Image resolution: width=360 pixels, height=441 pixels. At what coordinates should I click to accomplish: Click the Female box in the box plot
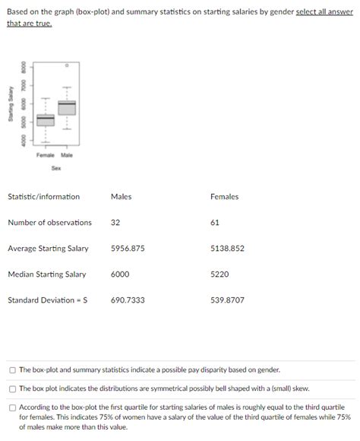(46, 119)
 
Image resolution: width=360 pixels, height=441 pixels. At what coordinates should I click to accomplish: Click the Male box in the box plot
(67, 107)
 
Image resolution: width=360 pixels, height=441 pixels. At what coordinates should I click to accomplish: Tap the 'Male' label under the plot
(67, 155)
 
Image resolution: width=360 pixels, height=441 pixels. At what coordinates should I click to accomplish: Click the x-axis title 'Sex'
(56, 169)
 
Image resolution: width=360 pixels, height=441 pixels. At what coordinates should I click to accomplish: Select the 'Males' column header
(121, 197)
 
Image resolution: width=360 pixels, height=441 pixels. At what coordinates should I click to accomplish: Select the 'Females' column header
(224, 197)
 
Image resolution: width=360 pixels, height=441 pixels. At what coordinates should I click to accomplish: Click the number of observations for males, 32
(115, 223)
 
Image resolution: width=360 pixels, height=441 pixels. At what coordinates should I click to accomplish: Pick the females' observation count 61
(215, 223)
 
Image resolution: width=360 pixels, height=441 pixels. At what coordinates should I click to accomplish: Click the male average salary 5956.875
(128, 249)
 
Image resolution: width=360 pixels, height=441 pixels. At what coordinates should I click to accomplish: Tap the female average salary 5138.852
(227, 249)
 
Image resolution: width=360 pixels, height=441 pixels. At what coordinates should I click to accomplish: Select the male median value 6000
(120, 274)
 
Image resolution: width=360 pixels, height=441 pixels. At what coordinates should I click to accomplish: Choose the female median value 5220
(219, 274)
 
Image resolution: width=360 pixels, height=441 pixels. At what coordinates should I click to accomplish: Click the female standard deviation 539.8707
(227, 300)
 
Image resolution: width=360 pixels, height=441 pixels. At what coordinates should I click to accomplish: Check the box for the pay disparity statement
(13, 370)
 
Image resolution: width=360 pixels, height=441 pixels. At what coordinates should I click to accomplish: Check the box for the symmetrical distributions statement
(13, 389)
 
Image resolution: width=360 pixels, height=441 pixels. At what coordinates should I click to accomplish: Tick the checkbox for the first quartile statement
(13, 408)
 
